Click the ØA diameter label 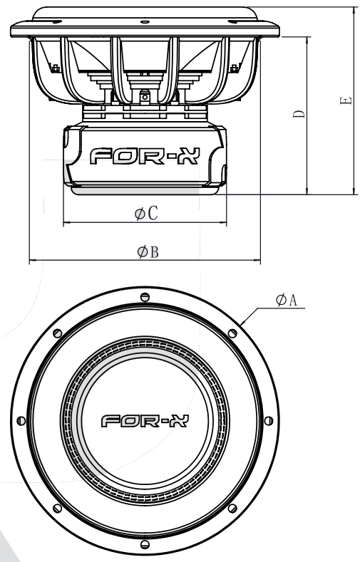287,301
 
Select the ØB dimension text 146,252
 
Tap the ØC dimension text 146,214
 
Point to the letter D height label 299,114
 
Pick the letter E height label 346,102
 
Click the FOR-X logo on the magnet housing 144,157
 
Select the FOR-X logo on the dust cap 145,421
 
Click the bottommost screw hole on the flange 145,545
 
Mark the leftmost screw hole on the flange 21,421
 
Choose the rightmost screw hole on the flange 269,421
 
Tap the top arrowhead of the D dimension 307,38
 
